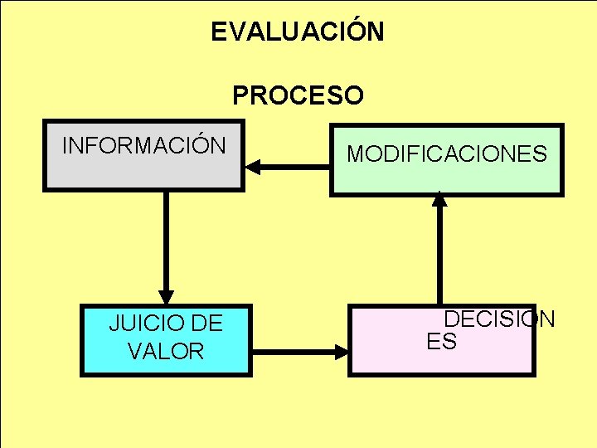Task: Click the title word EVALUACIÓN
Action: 297,32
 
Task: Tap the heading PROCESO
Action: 298,96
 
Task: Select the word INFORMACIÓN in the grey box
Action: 143,146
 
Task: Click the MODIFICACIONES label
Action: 447,153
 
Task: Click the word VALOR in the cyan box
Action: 166,351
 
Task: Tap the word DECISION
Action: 499,319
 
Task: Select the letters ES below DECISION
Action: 442,341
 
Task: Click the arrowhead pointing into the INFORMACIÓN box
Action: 252,167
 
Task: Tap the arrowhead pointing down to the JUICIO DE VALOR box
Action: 167,296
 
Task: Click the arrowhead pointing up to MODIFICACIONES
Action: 440,199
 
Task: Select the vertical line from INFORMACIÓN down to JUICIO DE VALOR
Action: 167,241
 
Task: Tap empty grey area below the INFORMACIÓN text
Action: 143,173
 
